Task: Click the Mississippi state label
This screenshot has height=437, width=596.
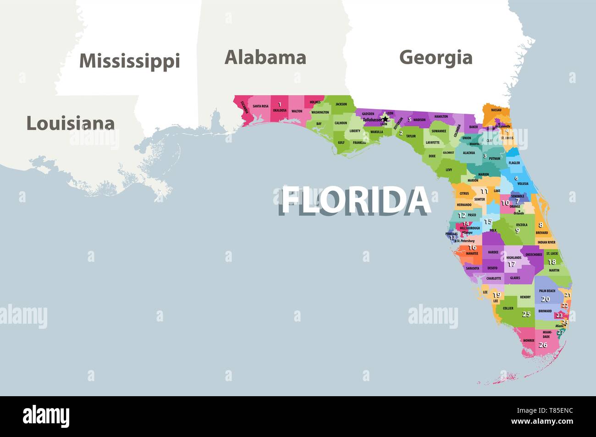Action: coord(129,61)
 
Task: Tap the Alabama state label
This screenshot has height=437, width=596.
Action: coord(265,57)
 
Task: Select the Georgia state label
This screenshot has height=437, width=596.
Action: coord(436,57)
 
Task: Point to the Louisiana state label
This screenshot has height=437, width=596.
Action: coord(70,123)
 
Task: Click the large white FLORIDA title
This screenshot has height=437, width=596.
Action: coord(355,200)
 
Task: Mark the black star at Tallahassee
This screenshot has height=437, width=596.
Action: coord(385,119)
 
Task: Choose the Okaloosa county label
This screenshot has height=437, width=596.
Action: coord(280,111)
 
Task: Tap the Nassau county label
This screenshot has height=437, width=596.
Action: coord(496,110)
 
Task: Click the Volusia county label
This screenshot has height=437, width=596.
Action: coord(523,183)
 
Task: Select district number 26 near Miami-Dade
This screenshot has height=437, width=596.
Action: coord(543,345)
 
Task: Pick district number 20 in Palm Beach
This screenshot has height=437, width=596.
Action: coord(545,299)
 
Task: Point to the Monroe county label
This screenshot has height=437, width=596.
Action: coord(529,341)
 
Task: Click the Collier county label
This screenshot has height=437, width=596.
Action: coord(508,309)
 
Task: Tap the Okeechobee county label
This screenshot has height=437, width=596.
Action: coord(534,254)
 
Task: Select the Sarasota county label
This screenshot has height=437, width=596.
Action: coord(472,268)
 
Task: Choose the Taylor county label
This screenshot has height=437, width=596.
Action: coord(411,136)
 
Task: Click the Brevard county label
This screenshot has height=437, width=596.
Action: coord(541,233)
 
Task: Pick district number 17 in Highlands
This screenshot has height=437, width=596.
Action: coord(511,264)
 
